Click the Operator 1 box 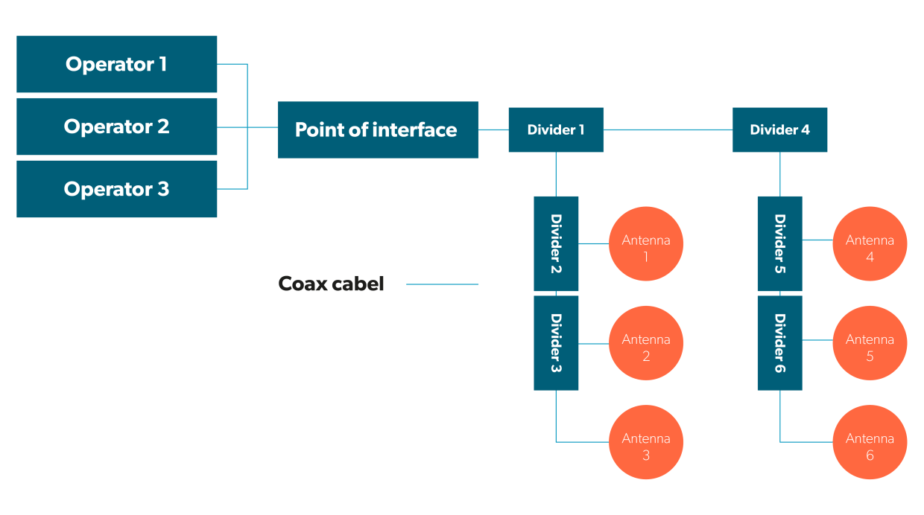pyautogui.click(x=116, y=64)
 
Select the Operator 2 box pyautogui.click(x=116, y=127)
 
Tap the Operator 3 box pyautogui.click(x=116, y=189)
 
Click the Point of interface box pyautogui.click(x=377, y=129)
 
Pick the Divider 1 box pyautogui.click(x=556, y=129)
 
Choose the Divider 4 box pyautogui.click(x=779, y=129)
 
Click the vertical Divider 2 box pyautogui.click(x=556, y=243)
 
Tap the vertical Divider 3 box pyautogui.click(x=556, y=343)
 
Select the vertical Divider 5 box pyautogui.click(x=779, y=243)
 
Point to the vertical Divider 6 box pyautogui.click(x=779, y=343)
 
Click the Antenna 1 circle pyautogui.click(x=646, y=243)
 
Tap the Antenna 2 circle pyautogui.click(x=646, y=343)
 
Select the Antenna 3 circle pyautogui.click(x=646, y=442)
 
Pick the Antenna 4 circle pyautogui.click(x=870, y=243)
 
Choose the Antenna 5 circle pyautogui.click(x=870, y=343)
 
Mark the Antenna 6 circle pyautogui.click(x=870, y=442)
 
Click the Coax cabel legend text pyautogui.click(x=331, y=284)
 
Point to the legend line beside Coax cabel pyautogui.click(x=442, y=284)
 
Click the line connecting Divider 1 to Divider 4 pyautogui.click(x=668, y=129)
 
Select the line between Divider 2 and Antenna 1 pyautogui.click(x=594, y=243)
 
